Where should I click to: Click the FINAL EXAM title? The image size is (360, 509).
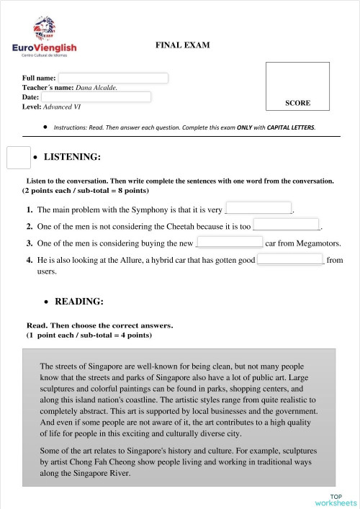(182, 45)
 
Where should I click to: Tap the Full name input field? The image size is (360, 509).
(113, 78)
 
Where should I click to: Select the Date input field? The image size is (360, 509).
(96, 96)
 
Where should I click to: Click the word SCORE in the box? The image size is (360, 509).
(297, 103)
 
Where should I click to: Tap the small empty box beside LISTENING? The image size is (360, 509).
(17, 158)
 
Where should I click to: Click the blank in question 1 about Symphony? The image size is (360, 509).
(259, 210)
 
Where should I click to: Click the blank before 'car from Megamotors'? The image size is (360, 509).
(229, 243)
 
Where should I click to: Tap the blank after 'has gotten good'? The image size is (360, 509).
(291, 260)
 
